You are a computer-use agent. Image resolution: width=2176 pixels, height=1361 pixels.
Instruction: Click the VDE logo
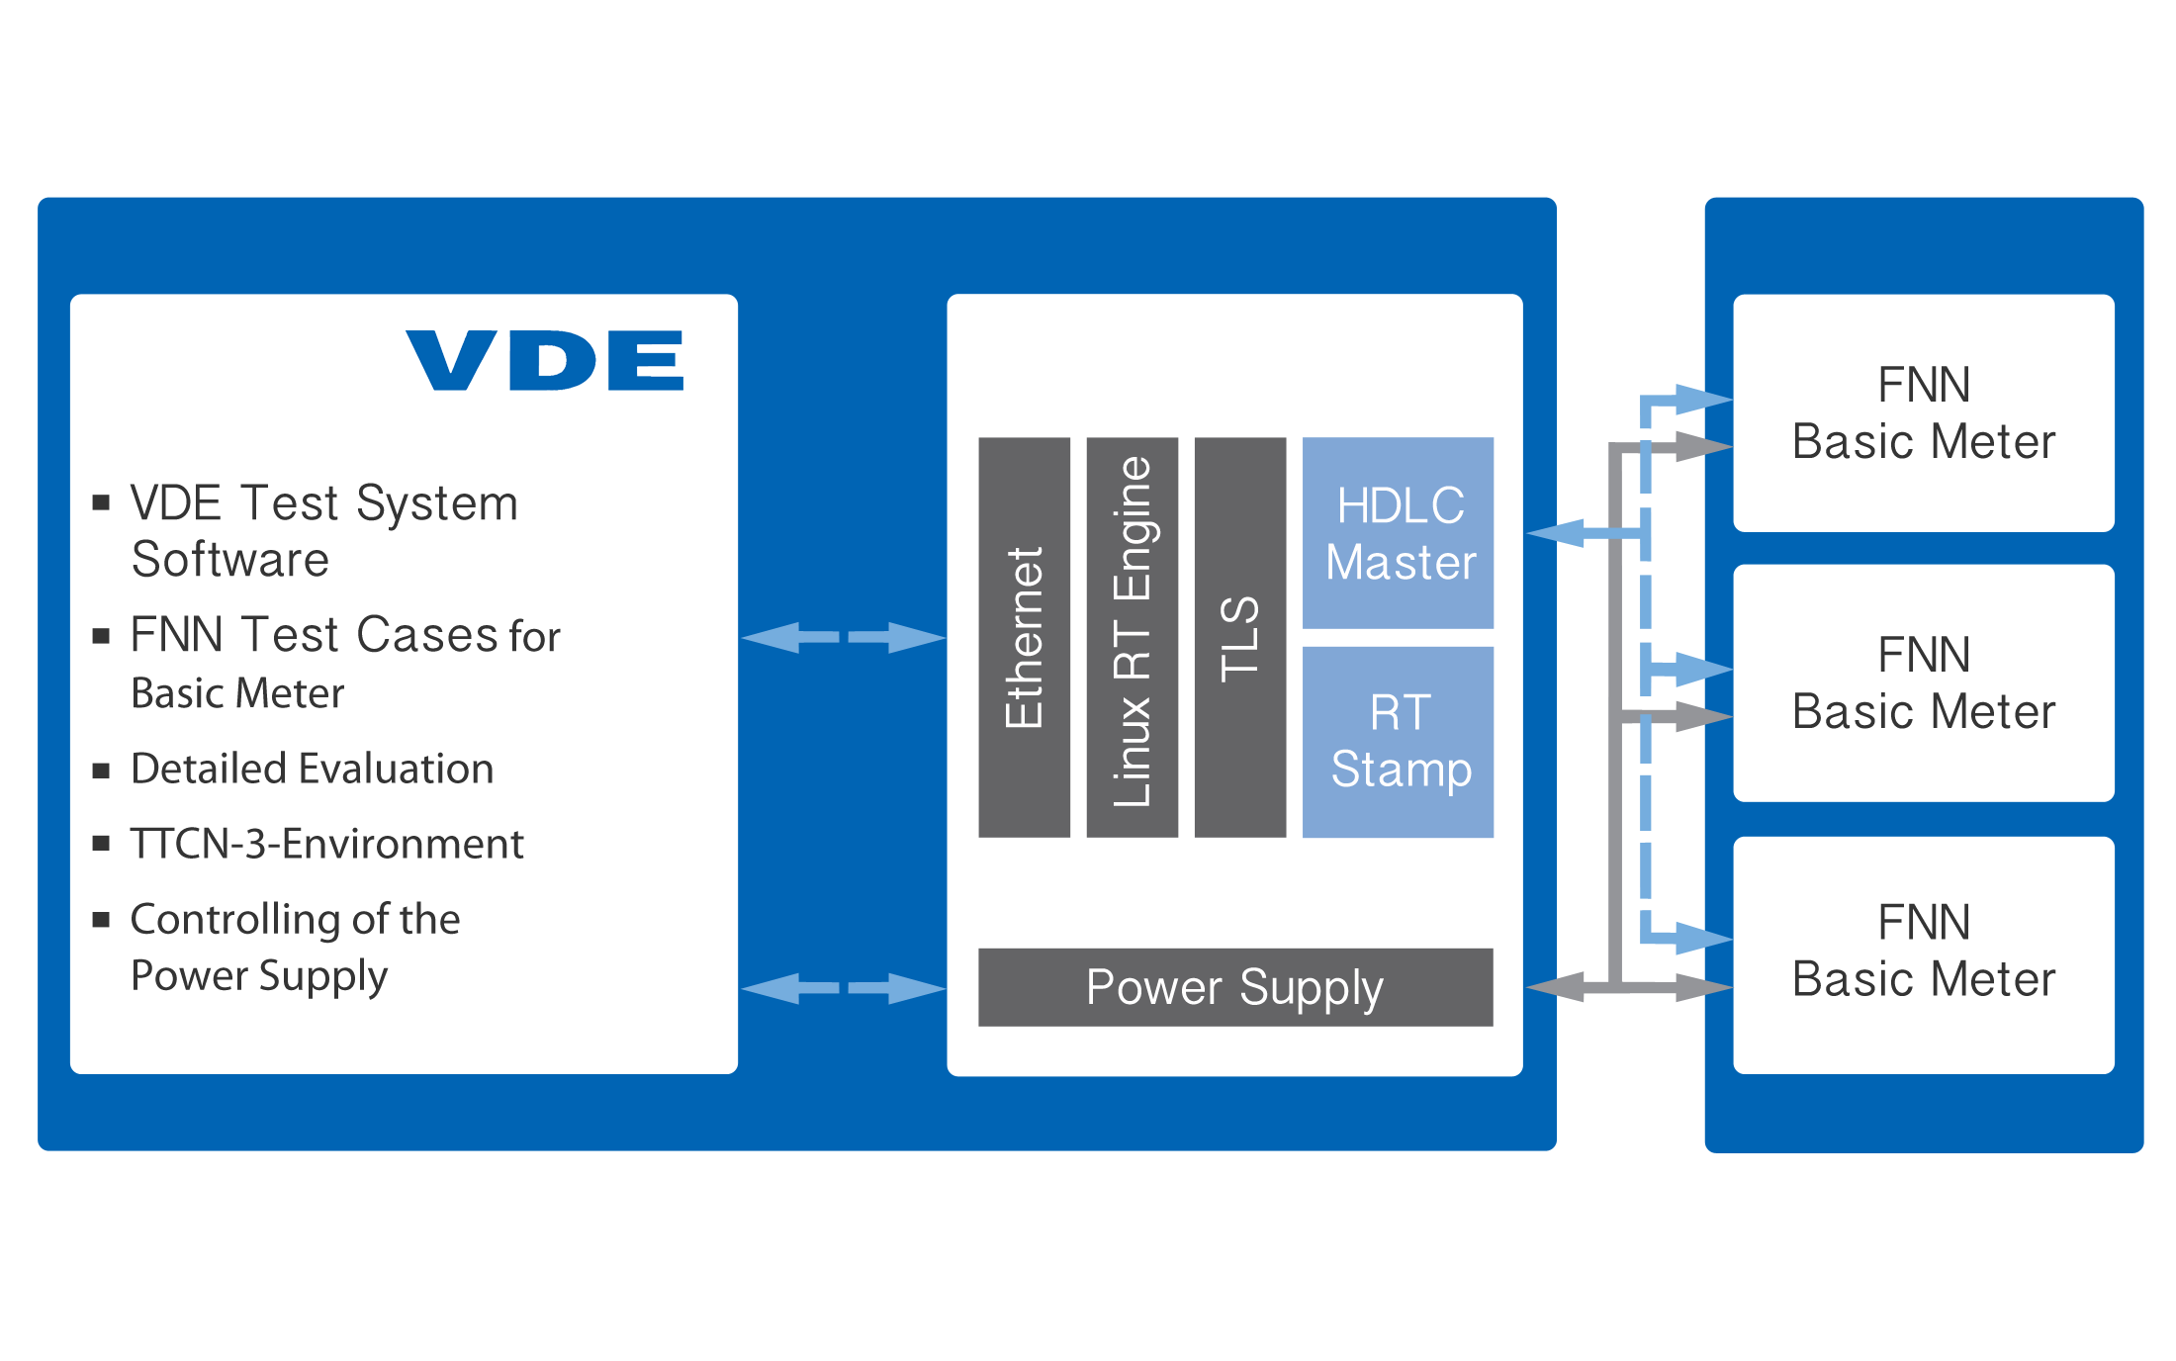pyautogui.click(x=545, y=360)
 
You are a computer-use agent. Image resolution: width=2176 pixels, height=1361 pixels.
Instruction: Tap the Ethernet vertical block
pyautogui.click(x=1024, y=637)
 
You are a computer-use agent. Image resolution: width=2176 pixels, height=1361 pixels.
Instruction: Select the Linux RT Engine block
pyautogui.click(x=1132, y=637)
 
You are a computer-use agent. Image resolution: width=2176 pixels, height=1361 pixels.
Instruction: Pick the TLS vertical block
pyautogui.click(x=1240, y=637)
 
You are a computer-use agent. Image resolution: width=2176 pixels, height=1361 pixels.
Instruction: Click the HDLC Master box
pyautogui.click(x=1398, y=532)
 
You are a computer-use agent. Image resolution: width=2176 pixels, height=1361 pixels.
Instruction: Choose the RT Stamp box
pyautogui.click(x=1398, y=742)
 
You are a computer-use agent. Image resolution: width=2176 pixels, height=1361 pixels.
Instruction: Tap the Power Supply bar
pyautogui.click(x=1235, y=987)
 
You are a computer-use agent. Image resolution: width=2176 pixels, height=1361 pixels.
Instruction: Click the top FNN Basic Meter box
pyautogui.click(x=1924, y=413)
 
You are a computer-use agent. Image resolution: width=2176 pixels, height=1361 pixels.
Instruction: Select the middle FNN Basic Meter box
pyautogui.click(x=1924, y=682)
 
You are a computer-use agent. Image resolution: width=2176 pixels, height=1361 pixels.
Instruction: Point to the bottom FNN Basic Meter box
pyautogui.click(x=1924, y=955)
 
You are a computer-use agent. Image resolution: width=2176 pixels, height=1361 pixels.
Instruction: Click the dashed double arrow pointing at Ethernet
pyautogui.click(x=844, y=638)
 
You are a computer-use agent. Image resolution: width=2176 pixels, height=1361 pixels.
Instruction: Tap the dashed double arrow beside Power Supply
pyautogui.click(x=844, y=988)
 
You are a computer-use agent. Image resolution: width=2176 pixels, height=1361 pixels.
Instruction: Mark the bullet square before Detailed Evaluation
pyautogui.click(x=101, y=771)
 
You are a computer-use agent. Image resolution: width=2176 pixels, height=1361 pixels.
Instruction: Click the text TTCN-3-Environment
pyautogui.click(x=326, y=844)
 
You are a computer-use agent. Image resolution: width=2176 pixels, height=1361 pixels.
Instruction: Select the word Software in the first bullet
pyautogui.click(x=230, y=560)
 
